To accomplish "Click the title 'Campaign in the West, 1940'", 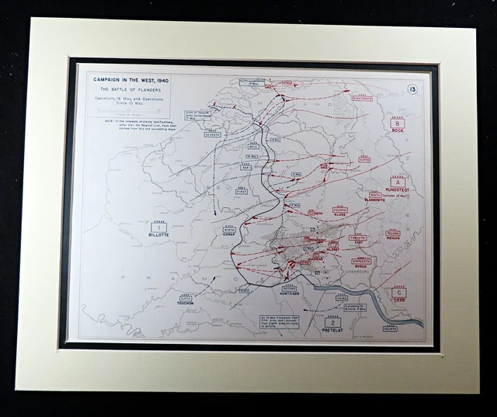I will pos(128,78).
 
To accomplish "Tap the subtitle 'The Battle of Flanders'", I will pos(128,92).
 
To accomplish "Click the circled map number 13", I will pos(412,89).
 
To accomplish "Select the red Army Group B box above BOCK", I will pos(397,123).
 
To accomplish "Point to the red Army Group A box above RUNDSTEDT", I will pos(398,181).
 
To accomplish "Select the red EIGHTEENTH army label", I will pos(362,99).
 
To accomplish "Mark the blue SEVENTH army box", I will pos(212,134).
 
